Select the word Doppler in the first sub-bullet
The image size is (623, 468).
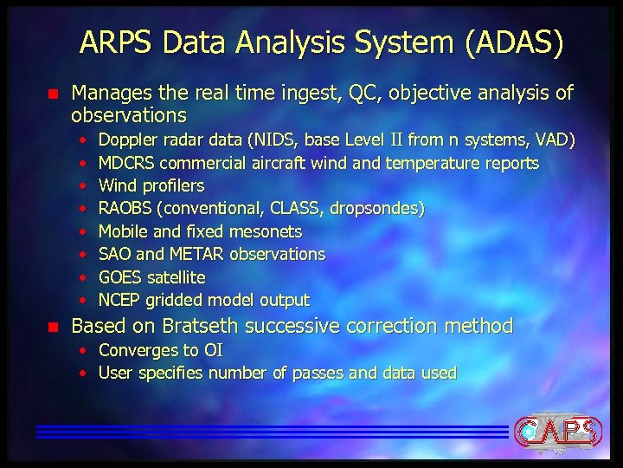126,140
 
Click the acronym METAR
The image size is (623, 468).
202,254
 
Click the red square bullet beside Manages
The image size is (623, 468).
51,93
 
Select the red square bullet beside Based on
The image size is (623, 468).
51,327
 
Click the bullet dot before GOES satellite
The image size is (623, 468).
82,277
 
